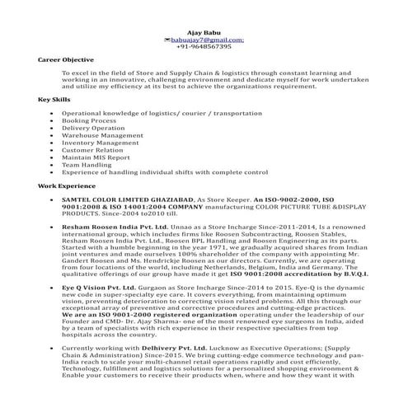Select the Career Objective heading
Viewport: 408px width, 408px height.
[x=66, y=60]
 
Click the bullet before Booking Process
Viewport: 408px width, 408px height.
[x=52, y=120]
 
